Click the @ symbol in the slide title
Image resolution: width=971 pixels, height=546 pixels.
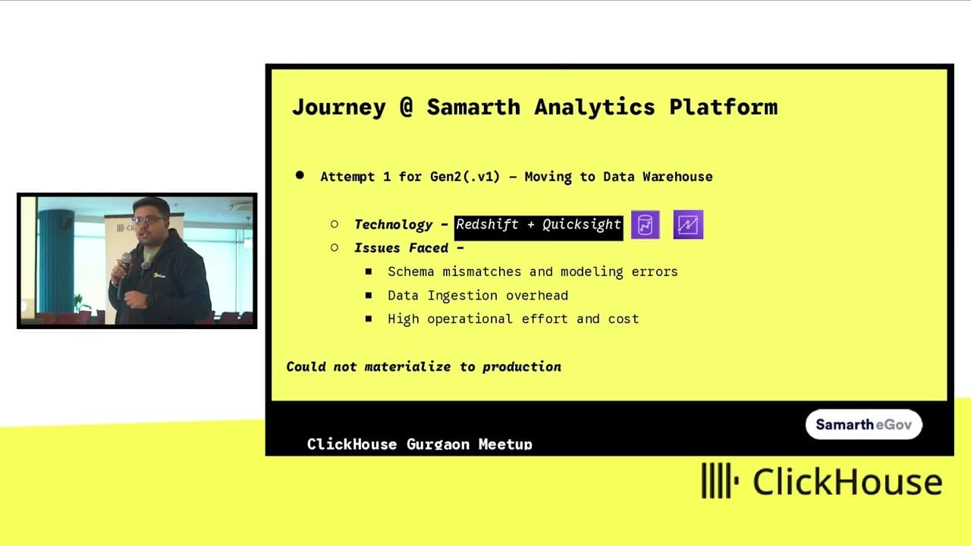point(406,107)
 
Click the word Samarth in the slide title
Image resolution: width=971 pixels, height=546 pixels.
point(473,107)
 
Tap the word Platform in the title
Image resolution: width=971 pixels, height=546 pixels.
point(724,107)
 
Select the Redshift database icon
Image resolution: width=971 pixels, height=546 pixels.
point(645,224)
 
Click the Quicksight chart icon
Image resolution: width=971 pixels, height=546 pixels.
point(688,224)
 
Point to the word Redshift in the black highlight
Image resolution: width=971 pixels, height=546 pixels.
point(487,224)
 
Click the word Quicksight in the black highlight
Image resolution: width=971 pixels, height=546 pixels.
point(581,224)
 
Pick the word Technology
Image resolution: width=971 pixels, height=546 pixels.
point(393,224)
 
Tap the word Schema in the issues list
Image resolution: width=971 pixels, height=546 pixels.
point(410,271)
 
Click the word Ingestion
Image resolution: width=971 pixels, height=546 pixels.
point(462,296)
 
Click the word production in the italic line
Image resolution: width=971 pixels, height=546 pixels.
point(521,367)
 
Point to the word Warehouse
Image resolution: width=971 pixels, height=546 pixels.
point(677,177)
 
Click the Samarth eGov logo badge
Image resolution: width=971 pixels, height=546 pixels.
point(863,424)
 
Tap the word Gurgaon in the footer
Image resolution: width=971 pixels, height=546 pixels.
point(438,444)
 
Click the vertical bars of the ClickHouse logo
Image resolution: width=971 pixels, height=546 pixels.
point(720,481)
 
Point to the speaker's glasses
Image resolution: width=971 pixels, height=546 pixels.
point(148,220)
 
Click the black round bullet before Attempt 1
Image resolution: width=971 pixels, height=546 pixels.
point(300,175)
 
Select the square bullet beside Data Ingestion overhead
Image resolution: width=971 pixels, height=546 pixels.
point(369,296)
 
